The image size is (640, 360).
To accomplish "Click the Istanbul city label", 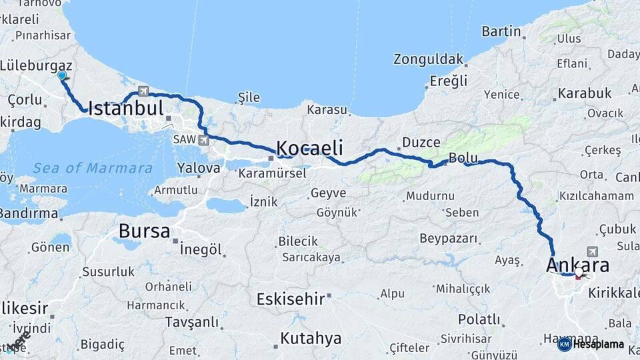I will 125,109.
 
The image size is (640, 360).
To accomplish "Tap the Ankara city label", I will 577,265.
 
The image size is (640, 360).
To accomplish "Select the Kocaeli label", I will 309,147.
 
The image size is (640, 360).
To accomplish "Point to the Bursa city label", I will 144,231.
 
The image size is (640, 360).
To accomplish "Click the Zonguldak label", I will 428,59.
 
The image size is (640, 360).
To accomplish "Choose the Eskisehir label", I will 291,299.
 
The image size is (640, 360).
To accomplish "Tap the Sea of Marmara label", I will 93,168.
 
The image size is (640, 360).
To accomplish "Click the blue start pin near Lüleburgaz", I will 62,76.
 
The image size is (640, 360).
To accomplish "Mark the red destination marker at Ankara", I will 579,273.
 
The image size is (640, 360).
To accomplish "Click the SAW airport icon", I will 203,140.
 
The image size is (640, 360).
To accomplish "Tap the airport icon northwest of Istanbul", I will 143,91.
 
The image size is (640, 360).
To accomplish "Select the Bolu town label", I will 463,158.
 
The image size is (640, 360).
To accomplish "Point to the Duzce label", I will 421,142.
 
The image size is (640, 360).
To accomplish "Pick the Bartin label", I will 501,31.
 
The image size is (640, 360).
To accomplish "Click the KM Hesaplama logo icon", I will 564,344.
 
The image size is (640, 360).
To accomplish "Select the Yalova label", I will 199,168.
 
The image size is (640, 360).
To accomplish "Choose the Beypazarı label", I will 448,238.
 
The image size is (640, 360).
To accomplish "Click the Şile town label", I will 249,97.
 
